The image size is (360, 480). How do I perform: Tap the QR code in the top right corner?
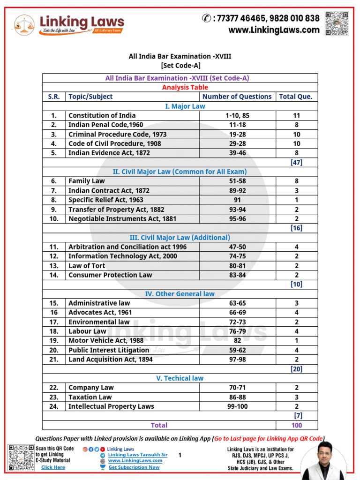337,23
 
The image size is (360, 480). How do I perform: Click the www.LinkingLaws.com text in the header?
274,30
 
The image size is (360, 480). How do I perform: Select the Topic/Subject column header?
90,97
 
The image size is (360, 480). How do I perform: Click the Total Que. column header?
295,97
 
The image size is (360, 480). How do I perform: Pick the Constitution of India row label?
102,115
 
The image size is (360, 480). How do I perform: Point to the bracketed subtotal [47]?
296,163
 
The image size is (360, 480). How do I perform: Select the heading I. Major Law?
185,106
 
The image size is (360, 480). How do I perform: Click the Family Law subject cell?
87,181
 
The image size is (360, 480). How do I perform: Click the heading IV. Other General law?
180,294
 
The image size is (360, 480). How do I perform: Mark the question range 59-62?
236,350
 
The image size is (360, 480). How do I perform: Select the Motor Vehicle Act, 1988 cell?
106,341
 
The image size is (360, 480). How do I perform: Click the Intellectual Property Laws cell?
111,406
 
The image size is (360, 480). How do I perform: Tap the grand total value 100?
296,425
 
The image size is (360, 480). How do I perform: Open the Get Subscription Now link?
134,467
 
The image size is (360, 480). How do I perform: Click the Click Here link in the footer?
53,467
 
